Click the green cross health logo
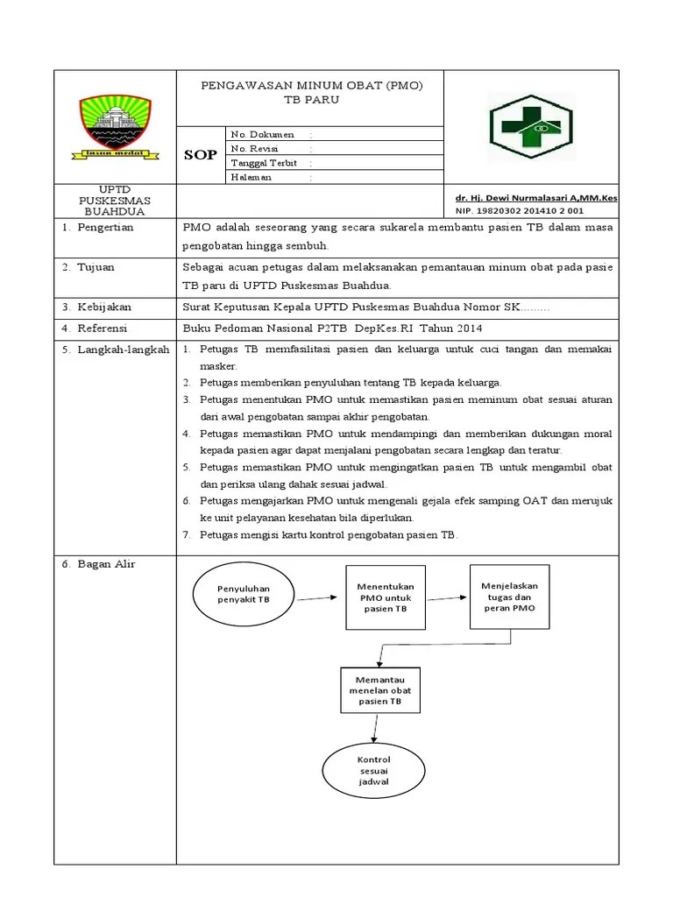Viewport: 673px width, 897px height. (530, 126)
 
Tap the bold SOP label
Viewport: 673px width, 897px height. (200, 155)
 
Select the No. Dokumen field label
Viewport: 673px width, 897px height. (256, 134)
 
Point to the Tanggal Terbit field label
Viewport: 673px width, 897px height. (264, 163)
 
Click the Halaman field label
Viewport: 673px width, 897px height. (251, 177)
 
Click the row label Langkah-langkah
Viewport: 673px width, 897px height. (116, 350)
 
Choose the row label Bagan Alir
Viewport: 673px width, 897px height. (99, 564)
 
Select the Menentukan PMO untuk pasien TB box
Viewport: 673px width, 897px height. (386, 597)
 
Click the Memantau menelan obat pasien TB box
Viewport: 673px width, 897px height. (379, 690)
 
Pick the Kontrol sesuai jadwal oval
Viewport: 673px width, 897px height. (374, 770)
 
